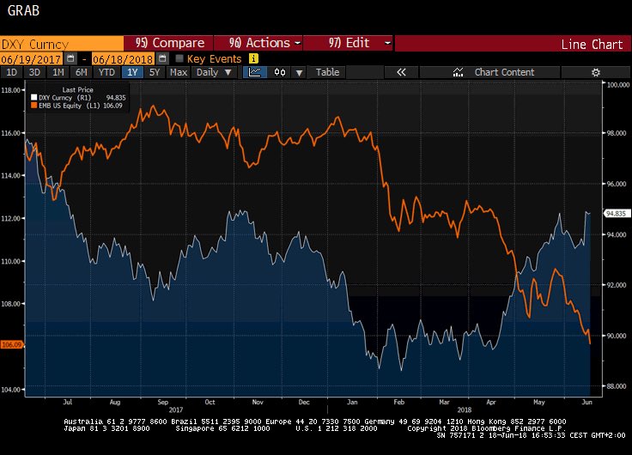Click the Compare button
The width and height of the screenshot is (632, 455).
(171, 43)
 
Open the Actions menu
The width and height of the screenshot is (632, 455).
(264, 43)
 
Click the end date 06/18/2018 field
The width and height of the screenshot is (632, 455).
(122, 58)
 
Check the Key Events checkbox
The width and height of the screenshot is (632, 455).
(179, 58)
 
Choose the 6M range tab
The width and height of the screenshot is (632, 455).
(82, 72)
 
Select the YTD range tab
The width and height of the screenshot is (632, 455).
(106, 72)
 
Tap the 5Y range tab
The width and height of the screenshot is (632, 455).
(155, 72)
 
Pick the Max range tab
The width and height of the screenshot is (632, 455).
(178, 72)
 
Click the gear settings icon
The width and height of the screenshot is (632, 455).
(595, 72)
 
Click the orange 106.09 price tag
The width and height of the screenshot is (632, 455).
(12, 345)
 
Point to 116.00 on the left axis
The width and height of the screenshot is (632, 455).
(11, 133)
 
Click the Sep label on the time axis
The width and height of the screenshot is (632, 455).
(161, 401)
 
